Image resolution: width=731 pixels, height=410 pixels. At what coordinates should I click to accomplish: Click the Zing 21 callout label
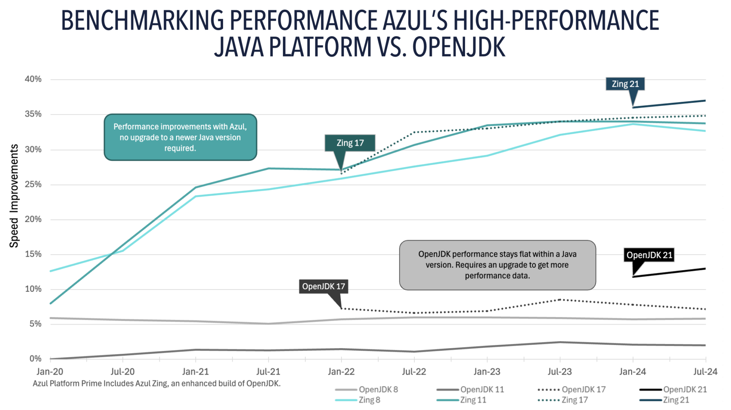pyautogui.click(x=625, y=84)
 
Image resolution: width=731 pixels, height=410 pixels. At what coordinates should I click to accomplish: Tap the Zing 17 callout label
pyautogui.click(x=350, y=143)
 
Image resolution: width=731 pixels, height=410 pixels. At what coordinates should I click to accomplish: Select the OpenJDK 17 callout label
pyautogui.click(x=323, y=286)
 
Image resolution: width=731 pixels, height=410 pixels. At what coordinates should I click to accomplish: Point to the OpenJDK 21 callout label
pyautogui.click(x=649, y=255)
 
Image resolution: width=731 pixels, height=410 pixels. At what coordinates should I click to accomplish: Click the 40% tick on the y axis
pyautogui.click(x=33, y=79)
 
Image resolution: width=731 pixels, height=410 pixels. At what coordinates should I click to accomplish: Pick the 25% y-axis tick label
pyautogui.click(x=33, y=185)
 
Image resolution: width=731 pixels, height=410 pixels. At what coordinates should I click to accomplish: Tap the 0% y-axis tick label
pyautogui.click(x=35, y=359)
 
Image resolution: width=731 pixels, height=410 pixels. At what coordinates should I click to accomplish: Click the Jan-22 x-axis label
pyautogui.click(x=341, y=372)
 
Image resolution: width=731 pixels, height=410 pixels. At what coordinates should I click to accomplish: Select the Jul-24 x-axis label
pyautogui.click(x=705, y=372)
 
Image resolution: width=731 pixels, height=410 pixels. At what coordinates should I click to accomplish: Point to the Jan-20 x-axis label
pyautogui.click(x=50, y=372)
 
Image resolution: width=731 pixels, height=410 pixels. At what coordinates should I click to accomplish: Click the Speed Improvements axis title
pyautogui.click(x=14, y=196)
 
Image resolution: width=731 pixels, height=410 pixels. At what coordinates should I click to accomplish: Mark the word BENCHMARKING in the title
pyautogui.click(x=142, y=20)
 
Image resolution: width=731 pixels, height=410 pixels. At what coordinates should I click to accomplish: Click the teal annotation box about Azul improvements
pyautogui.click(x=180, y=137)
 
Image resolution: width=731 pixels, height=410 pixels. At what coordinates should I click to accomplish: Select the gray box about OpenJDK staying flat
pyautogui.click(x=497, y=265)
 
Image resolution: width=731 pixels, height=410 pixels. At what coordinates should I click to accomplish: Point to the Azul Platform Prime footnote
pyautogui.click(x=157, y=384)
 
